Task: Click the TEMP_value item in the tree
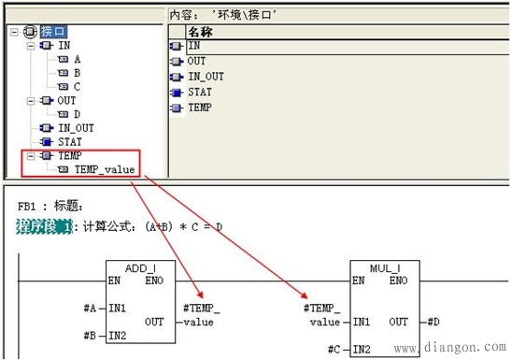(104, 169)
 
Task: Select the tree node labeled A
(77, 58)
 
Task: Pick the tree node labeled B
(77, 72)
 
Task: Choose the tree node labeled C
(77, 86)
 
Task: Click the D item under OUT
(77, 114)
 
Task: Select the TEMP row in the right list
(199, 108)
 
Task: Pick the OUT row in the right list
(196, 61)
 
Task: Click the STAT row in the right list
(199, 92)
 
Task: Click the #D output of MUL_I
(435, 323)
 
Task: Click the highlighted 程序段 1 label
(44, 225)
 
